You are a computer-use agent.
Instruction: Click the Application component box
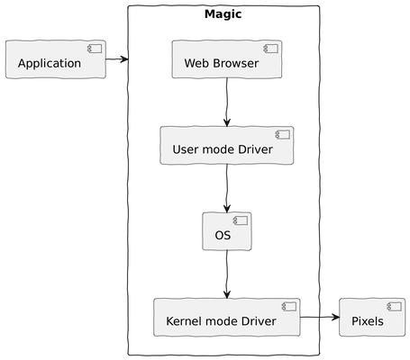55,59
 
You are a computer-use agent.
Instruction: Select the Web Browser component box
226,59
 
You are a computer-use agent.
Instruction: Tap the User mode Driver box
226,146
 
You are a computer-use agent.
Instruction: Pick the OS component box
226,231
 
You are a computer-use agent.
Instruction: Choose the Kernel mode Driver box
226,318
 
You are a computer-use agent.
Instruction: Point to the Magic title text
223,14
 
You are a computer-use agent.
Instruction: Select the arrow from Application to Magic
116,59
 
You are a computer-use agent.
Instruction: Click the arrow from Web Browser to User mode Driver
226,103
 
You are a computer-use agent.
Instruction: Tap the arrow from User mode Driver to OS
226,188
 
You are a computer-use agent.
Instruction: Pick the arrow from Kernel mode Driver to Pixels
319,318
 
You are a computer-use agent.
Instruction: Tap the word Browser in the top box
235,64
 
